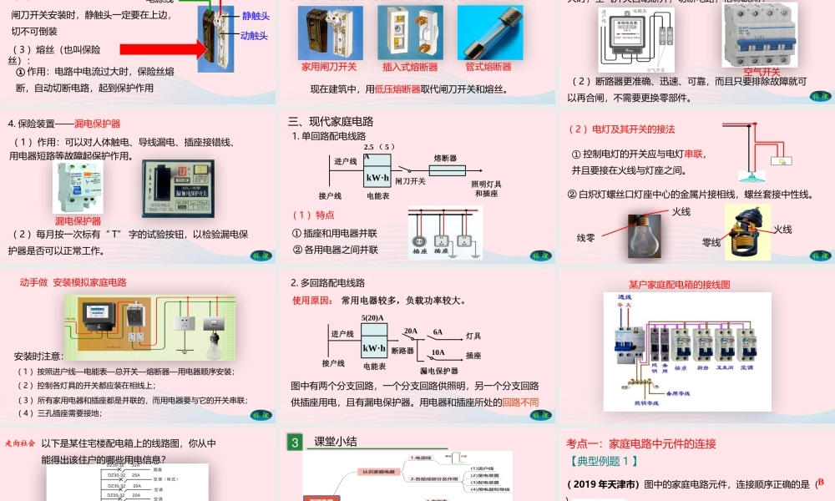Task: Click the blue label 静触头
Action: click(x=256, y=16)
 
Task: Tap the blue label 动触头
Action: click(x=254, y=36)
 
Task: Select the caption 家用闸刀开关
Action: click(x=328, y=67)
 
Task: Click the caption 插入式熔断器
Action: click(x=410, y=67)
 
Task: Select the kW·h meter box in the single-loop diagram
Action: click(x=377, y=177)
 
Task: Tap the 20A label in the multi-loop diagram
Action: click(x=410, y=331)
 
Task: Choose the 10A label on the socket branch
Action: click(x=438, y=352)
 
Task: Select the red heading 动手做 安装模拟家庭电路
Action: click(x=73, y=282)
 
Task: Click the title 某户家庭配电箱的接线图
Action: click(x=679, y=285)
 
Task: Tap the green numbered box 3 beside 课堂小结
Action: click(x=294, y=443)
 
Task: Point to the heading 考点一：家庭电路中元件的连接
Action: click(x=641, y=444)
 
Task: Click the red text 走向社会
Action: click(x=19, y=443)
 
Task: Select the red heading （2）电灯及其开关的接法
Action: click(x=621, y=129)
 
